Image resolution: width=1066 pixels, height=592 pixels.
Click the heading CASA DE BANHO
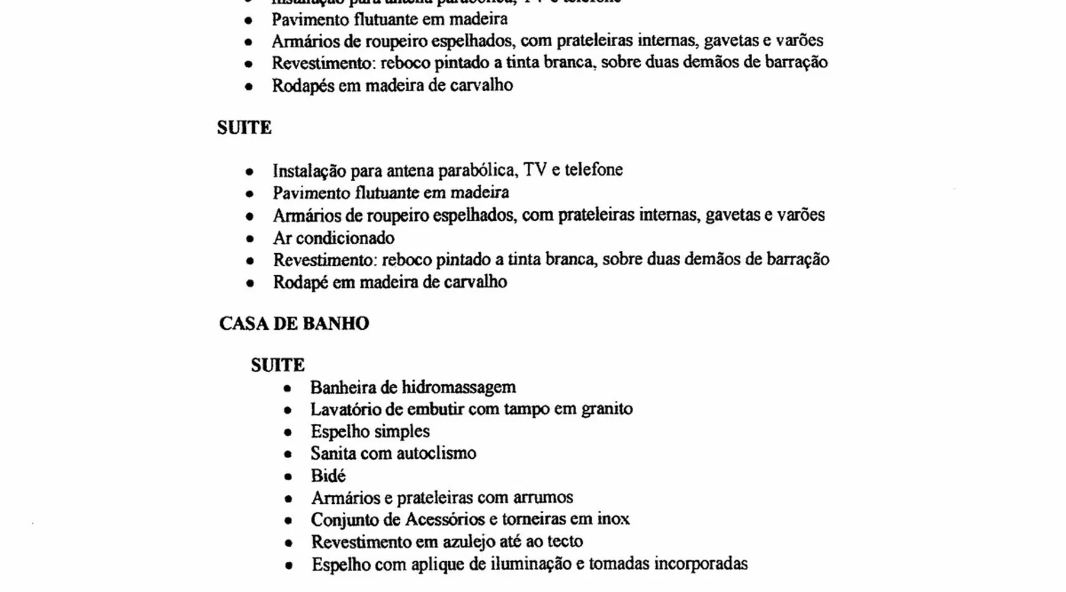294,323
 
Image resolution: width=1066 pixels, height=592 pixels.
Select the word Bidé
328,475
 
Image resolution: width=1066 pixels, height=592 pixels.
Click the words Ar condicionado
333,238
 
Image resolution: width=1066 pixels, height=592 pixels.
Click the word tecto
565,541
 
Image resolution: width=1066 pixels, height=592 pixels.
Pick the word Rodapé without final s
300,282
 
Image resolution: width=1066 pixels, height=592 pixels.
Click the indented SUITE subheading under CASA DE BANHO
277,365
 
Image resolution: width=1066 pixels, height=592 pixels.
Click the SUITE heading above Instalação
244,128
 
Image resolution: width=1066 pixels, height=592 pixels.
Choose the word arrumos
544,497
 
